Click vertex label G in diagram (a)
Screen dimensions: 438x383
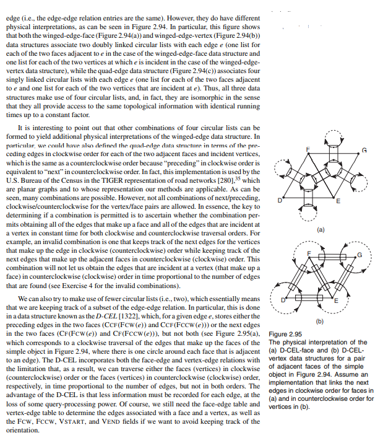(364, 151)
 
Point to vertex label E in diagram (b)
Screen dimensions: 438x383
(336, 300)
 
